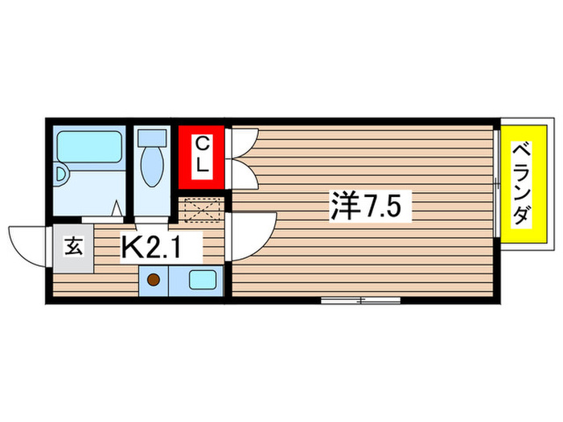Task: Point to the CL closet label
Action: click(202, 156)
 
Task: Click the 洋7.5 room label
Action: click(371, 208)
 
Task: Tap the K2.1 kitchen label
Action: click(161, 247)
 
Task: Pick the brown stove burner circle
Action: click(153, 281)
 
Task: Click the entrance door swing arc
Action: click(28, 241)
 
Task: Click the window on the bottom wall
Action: click(360, 301)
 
